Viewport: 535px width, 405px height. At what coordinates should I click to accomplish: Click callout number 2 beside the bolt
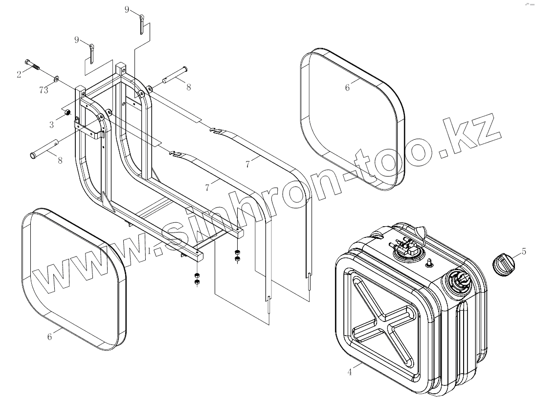19,74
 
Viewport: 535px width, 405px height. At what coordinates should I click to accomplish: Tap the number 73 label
43,89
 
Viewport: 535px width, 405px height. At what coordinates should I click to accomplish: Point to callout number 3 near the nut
51,125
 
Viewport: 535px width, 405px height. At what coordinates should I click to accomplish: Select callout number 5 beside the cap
523,252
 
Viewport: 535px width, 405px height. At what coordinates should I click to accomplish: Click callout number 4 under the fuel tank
349,372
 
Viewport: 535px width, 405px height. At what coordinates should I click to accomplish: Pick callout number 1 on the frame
149,251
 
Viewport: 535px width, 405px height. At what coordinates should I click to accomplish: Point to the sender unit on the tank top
403,247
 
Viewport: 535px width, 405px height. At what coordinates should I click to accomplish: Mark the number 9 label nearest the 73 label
77,40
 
